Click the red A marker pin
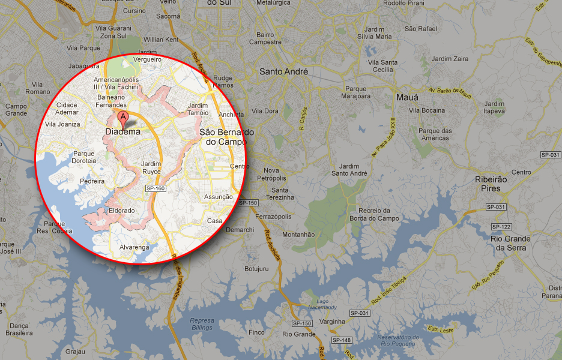tap(123, 116)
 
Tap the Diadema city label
tap(122, 131)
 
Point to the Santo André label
tap(283, 71)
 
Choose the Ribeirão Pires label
tap(491, 184)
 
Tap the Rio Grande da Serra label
tap(510, 243)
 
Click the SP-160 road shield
tap(155, 188)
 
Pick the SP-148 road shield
tap(342, 340)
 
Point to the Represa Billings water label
tap(201, 323)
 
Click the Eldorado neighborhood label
tap(122, 211)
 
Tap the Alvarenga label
tap(134, 247)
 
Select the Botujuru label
tap(256, 269)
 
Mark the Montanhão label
tap(298, 235)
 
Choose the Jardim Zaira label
tap(450, 59)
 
